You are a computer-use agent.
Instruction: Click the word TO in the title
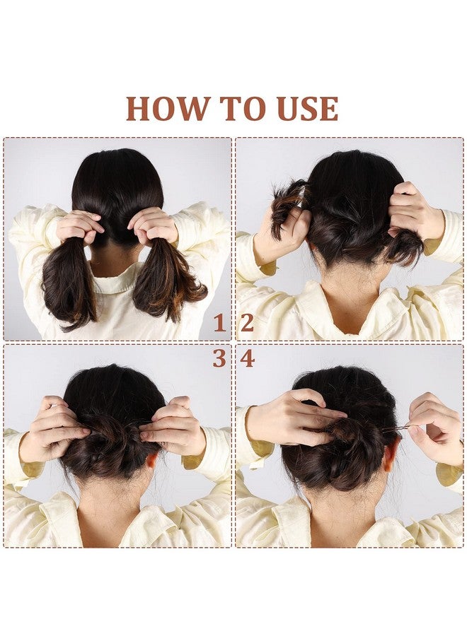click(x=243, y=108)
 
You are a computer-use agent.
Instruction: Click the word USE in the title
click(x=307, y=108)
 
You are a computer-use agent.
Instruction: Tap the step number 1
click(x=219, y=323)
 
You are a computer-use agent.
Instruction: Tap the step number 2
click(x=247, y=323)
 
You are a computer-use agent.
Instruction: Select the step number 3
click(x=219, y=358)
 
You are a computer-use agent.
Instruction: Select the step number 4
click(x=248, y=358)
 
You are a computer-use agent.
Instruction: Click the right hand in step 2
click(x=413, y=211)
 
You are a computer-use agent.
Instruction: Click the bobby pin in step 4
click(x=396, y=428)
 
